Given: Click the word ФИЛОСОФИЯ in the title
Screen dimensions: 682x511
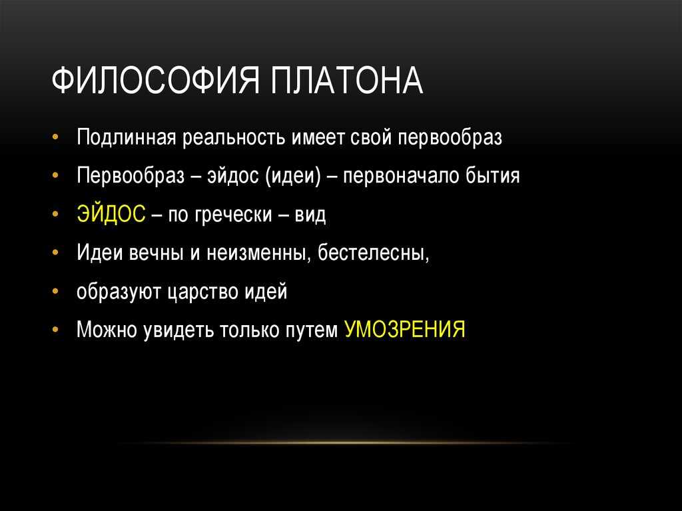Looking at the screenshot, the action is pyautogui.click(x=156, y=81).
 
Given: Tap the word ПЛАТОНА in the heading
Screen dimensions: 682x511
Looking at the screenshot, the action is pyautogui.click(x=346, y=81).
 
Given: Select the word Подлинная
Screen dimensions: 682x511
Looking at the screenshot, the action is pyautogui.click(x=126, y=137).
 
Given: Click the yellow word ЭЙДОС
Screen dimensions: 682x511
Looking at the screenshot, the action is pyautogui.click(x=111, y=214).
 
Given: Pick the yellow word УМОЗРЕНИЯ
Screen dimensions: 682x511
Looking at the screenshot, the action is pyautogui.click(x=404, y=329).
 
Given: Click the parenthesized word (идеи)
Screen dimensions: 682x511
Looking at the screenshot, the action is pyautogui.click(x=293, y=176).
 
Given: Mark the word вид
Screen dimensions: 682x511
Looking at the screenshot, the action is pyautogui.click(x=310, y=214).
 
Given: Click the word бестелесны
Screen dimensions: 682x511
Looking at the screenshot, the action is pyautogui.click(x=373, y=253).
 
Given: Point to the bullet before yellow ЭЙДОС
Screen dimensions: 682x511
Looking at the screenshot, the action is pyautogui.click(x=55, y=214).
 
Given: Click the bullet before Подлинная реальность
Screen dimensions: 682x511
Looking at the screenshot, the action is pyautogui.click(x=55, y=137).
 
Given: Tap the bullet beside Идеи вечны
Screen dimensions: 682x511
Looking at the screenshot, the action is pyautogui.click(x=55, y=253).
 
